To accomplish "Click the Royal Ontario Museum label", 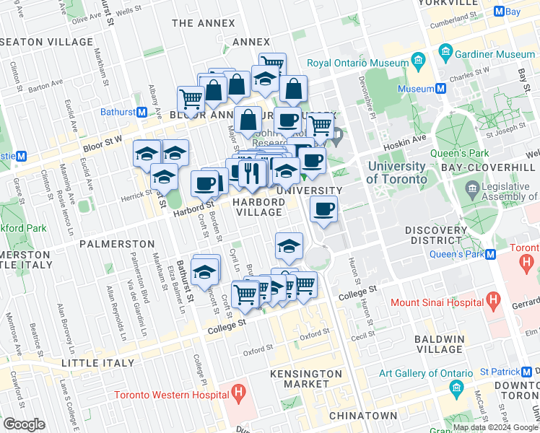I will click(x=357, y=63).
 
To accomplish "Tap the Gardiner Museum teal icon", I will click(x=445, y=53).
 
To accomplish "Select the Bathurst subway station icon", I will click(x=142, y=113).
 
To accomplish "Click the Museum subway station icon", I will click(x=440, y=89).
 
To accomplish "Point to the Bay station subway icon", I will click(x=497, y=12).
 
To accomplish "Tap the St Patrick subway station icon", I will click(x=525, y=372).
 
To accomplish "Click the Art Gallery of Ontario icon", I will click(x=456, y=388).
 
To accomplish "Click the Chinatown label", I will click(x=362, y=416).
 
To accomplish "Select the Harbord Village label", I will click(x=258, y=207).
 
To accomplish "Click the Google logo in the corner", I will click(x=24, y=424).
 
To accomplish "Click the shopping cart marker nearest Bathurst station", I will click(x=191, y=98).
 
